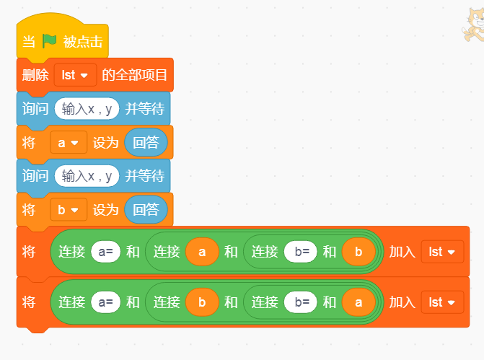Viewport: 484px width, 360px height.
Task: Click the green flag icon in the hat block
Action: (49, 41)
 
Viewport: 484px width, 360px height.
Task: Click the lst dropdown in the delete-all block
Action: (75, 75)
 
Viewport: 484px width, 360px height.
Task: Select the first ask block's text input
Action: (87, 109)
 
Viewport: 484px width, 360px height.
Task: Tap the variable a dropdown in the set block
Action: (69, 143)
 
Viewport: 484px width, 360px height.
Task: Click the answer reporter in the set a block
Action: (146, 143)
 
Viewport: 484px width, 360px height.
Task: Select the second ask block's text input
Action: (87, 176)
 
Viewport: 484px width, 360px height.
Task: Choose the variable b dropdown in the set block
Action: (69, 210)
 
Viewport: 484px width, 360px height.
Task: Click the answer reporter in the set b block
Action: (146, 210)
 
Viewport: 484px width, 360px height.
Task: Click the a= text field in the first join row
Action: (105, 252)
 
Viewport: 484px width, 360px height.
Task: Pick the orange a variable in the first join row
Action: (202, 252)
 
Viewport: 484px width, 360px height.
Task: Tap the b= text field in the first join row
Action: (299, 252)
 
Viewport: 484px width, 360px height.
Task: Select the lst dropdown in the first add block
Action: (442, 252)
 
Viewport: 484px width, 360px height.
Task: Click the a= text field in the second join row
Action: (105, 302)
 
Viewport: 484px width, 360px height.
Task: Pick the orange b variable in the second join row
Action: (202, 302)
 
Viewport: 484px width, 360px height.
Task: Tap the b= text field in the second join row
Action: (299, 302)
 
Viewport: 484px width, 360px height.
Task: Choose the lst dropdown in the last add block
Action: (442, 302)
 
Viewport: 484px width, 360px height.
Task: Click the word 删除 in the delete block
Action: (35, 75)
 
